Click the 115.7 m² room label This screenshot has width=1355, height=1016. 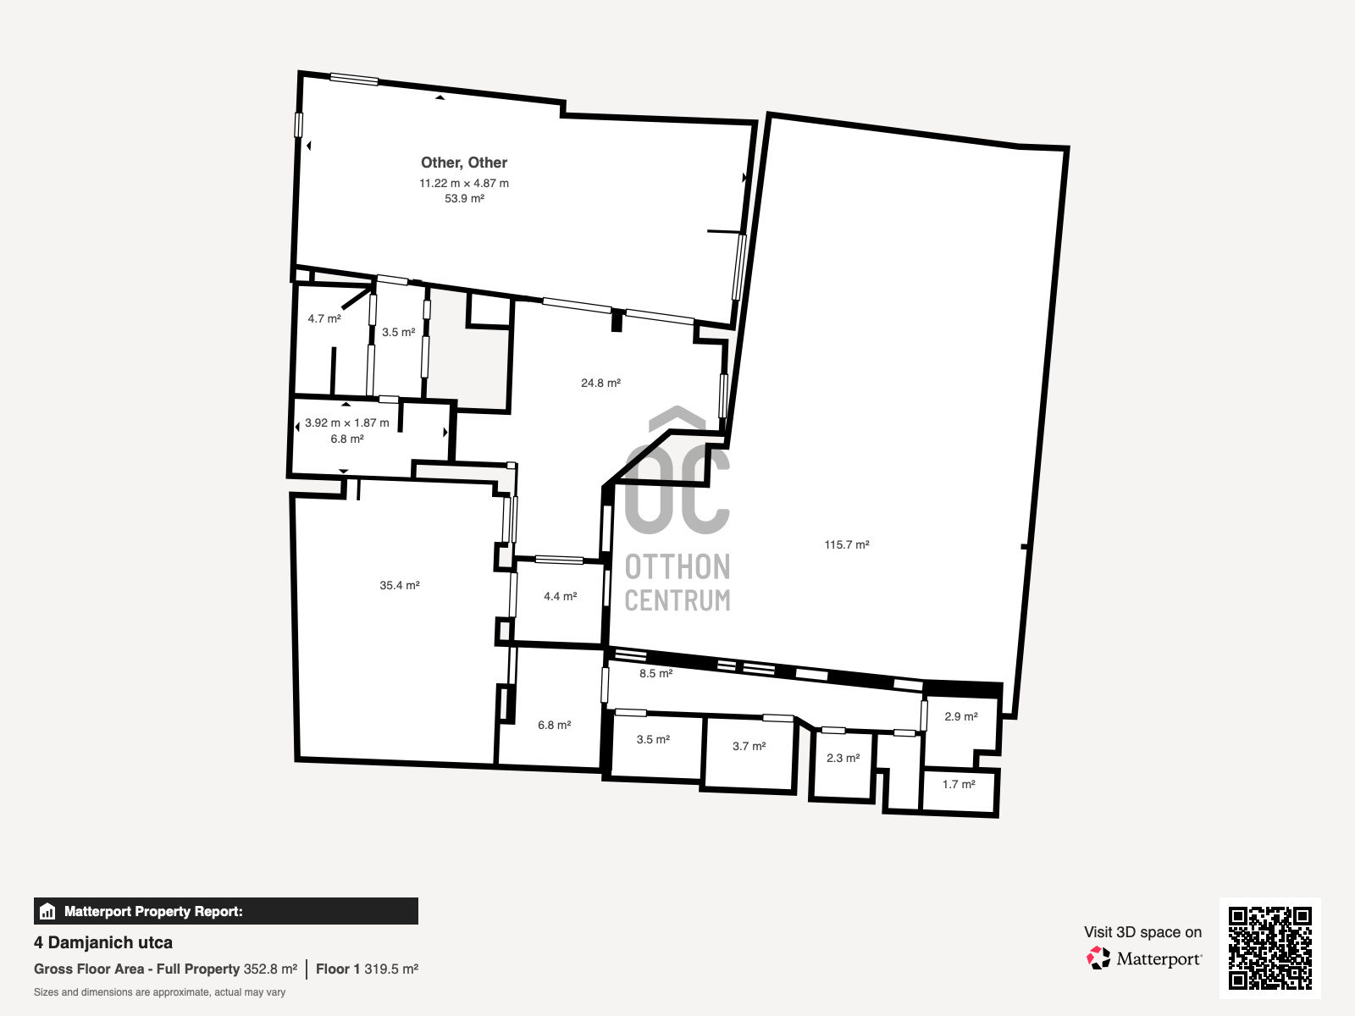(x=846, y=544)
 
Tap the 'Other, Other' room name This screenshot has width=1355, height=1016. (x=464, y=163)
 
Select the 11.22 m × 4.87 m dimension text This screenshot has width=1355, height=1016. (x=464, y=183)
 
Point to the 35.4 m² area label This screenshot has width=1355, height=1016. (x=400, y=585)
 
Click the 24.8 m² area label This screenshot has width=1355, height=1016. (x=600, y=383)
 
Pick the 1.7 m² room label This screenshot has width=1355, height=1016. (x=959, y=784)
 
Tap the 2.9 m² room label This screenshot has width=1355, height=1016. (x=961, y=717)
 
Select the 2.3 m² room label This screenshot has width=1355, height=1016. (x=843, y=758)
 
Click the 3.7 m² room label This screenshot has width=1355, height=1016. (x=749, y=747)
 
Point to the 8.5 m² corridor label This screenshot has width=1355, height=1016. (x=656, y=674)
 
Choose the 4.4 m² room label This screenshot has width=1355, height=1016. (x=561, y=597)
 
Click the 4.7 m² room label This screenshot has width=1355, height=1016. (x=324, y=319)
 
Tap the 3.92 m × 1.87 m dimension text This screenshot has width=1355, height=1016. (x=347, y=423)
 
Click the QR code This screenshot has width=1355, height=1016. (x=1269, y=947)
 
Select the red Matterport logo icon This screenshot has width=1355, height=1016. (x=1098, y=958)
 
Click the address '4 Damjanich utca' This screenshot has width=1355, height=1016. (x=103, y=942)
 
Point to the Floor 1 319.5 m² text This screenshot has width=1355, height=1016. (x=368, y=969)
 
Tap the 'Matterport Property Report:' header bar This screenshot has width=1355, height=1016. (x=226, y=911)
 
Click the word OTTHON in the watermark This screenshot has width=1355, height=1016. (x=677, y=567)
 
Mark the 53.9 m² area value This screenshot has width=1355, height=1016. (x=464, y=199)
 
